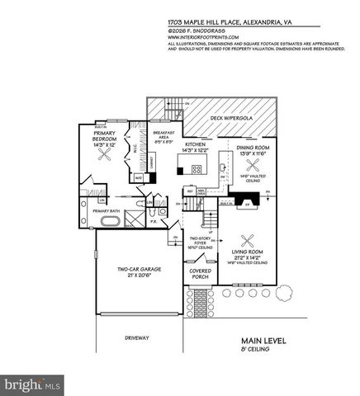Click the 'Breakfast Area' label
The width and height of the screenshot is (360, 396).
coord(161,138)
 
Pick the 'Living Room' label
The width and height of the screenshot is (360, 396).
coord(247,253)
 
